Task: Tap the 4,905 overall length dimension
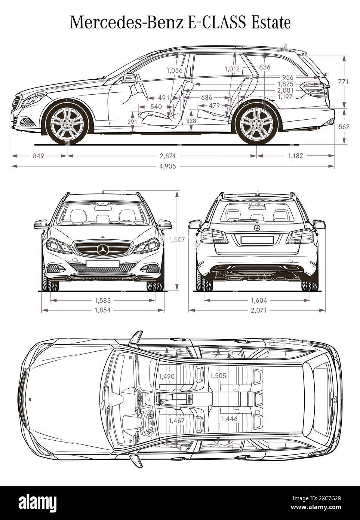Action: [167, 166]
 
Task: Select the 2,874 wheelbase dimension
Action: [167, 156]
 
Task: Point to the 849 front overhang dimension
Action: [39, 156]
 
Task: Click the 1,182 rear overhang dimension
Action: [295, 156]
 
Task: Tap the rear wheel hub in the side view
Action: [256, 124]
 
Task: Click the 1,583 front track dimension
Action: [102, 300]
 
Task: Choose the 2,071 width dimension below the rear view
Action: [257, 310]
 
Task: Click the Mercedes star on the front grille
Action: [103, 249]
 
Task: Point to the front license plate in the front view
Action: [103, 263]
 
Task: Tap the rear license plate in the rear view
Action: [257, 239]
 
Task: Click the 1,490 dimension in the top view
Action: [167, 377]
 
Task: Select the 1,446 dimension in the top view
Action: [229, 419]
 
